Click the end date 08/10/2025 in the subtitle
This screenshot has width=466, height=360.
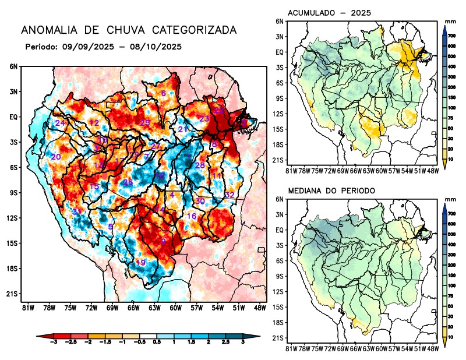pyautogui.click(x=158, y=46)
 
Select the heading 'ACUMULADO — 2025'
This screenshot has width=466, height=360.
pyautogui.click(x=330, y=13)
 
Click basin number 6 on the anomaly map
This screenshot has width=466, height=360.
pyautogui.click(x=164, y=93)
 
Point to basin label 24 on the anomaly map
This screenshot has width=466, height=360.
pyautogui.click(x=60, y=123)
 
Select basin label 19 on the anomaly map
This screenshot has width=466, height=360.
pyautogui.click(x=140, y=263)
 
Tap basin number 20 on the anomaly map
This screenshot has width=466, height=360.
pyautogui.click(x=56, y=157)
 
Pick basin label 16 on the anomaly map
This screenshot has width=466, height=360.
pyautogui.click(x=192, y=216)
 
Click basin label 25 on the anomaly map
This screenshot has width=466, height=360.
pyautogui.click(x=146, y=122)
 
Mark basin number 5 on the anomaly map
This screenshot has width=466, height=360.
pyautogui.click(x=111, y=227)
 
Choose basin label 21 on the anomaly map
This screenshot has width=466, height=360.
pyautogui.click(x=182, y=129)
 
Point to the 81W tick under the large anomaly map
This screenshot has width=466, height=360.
pyautogui.click(x=26, y=308)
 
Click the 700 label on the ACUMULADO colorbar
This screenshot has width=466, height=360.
pyautogui.click(x=451, y=36)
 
